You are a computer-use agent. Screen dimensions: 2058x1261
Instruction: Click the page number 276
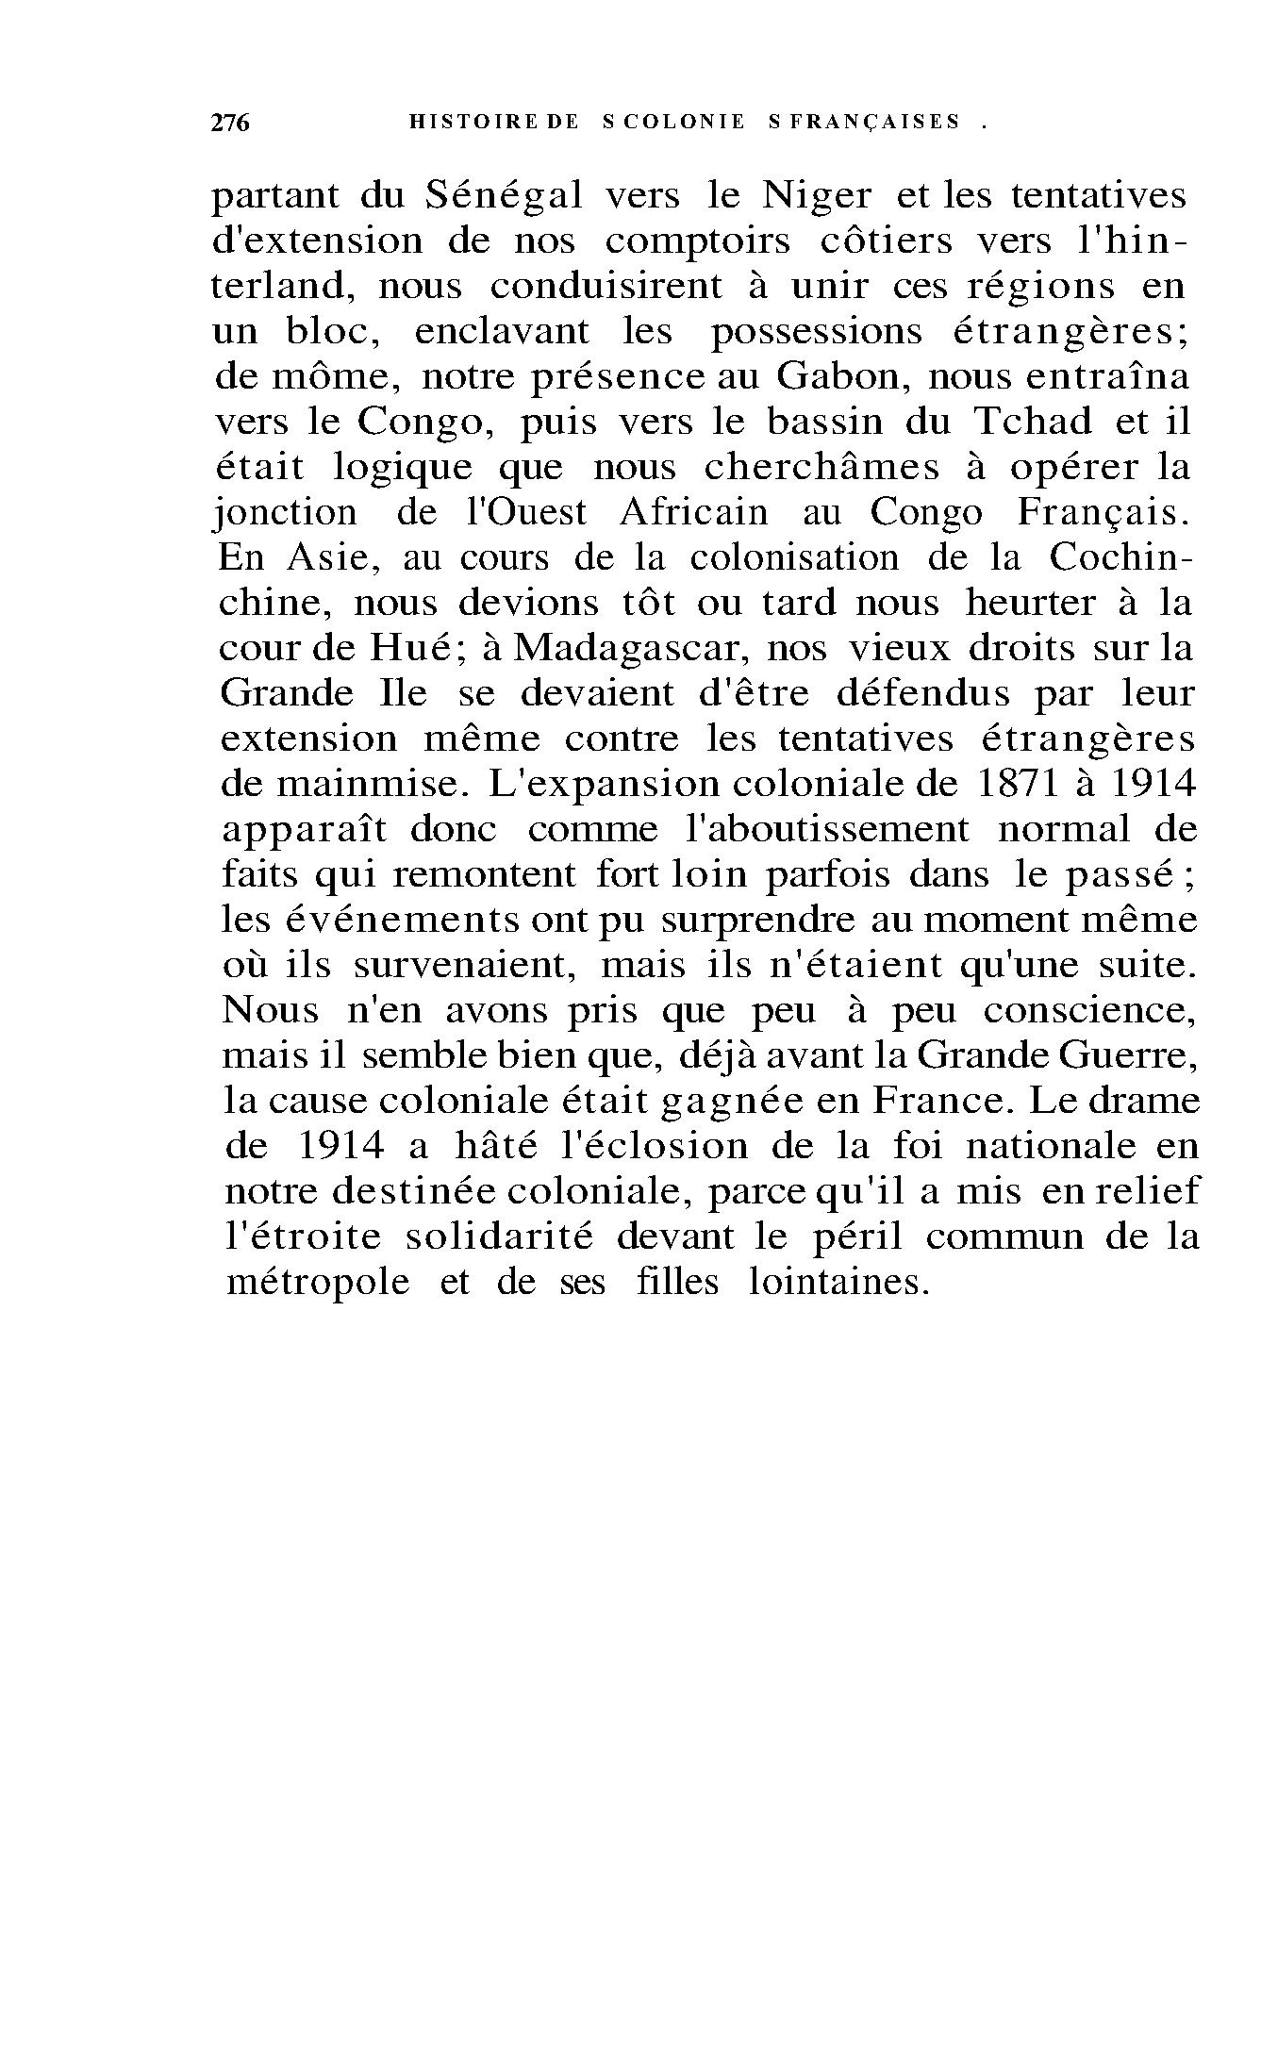click(x=229, y=123)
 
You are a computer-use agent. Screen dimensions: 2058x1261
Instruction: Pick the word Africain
click(x=694, y=512)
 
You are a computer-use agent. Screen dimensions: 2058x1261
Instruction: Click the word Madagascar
click(x=630, y=648)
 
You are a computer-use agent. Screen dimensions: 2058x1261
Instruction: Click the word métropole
click(x=318, y=1283)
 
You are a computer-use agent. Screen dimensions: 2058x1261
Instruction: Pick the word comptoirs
click(x=697, y=241)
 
